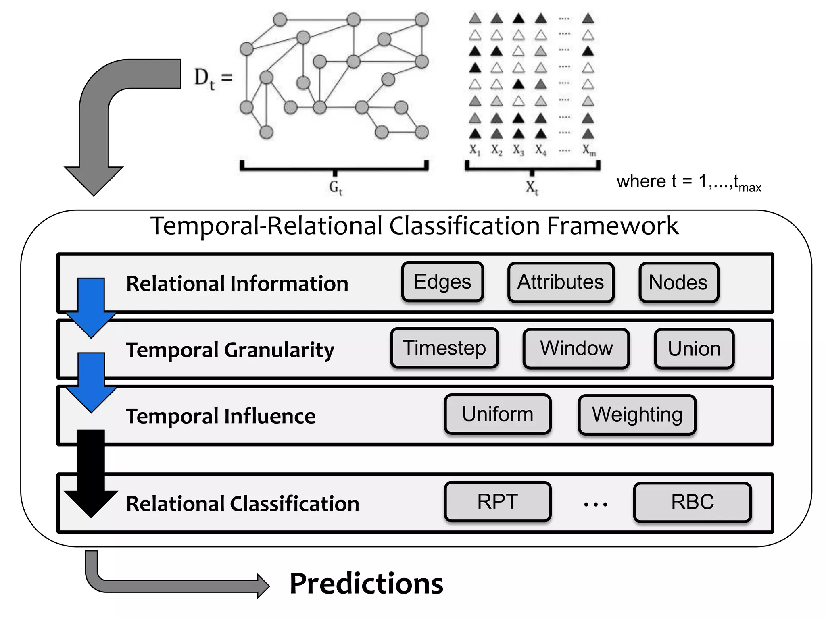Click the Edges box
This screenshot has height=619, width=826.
[x=442, y=282]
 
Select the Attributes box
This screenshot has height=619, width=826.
[x=561, y=282]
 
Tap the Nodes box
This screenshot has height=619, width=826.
[x=678, y=282]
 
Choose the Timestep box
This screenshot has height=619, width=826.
[x=444, y=348]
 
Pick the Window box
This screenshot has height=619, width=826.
[x=576, y=349]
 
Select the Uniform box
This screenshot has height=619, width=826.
[x=498, y=414]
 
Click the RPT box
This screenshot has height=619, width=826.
[x=497, y=502]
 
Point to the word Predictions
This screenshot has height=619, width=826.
[x=366, y=584]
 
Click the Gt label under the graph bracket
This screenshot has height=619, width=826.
[x=336, y=187]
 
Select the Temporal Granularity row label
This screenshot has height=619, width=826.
[x=230, y=350]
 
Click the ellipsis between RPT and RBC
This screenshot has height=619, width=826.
[x=595, y=504]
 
